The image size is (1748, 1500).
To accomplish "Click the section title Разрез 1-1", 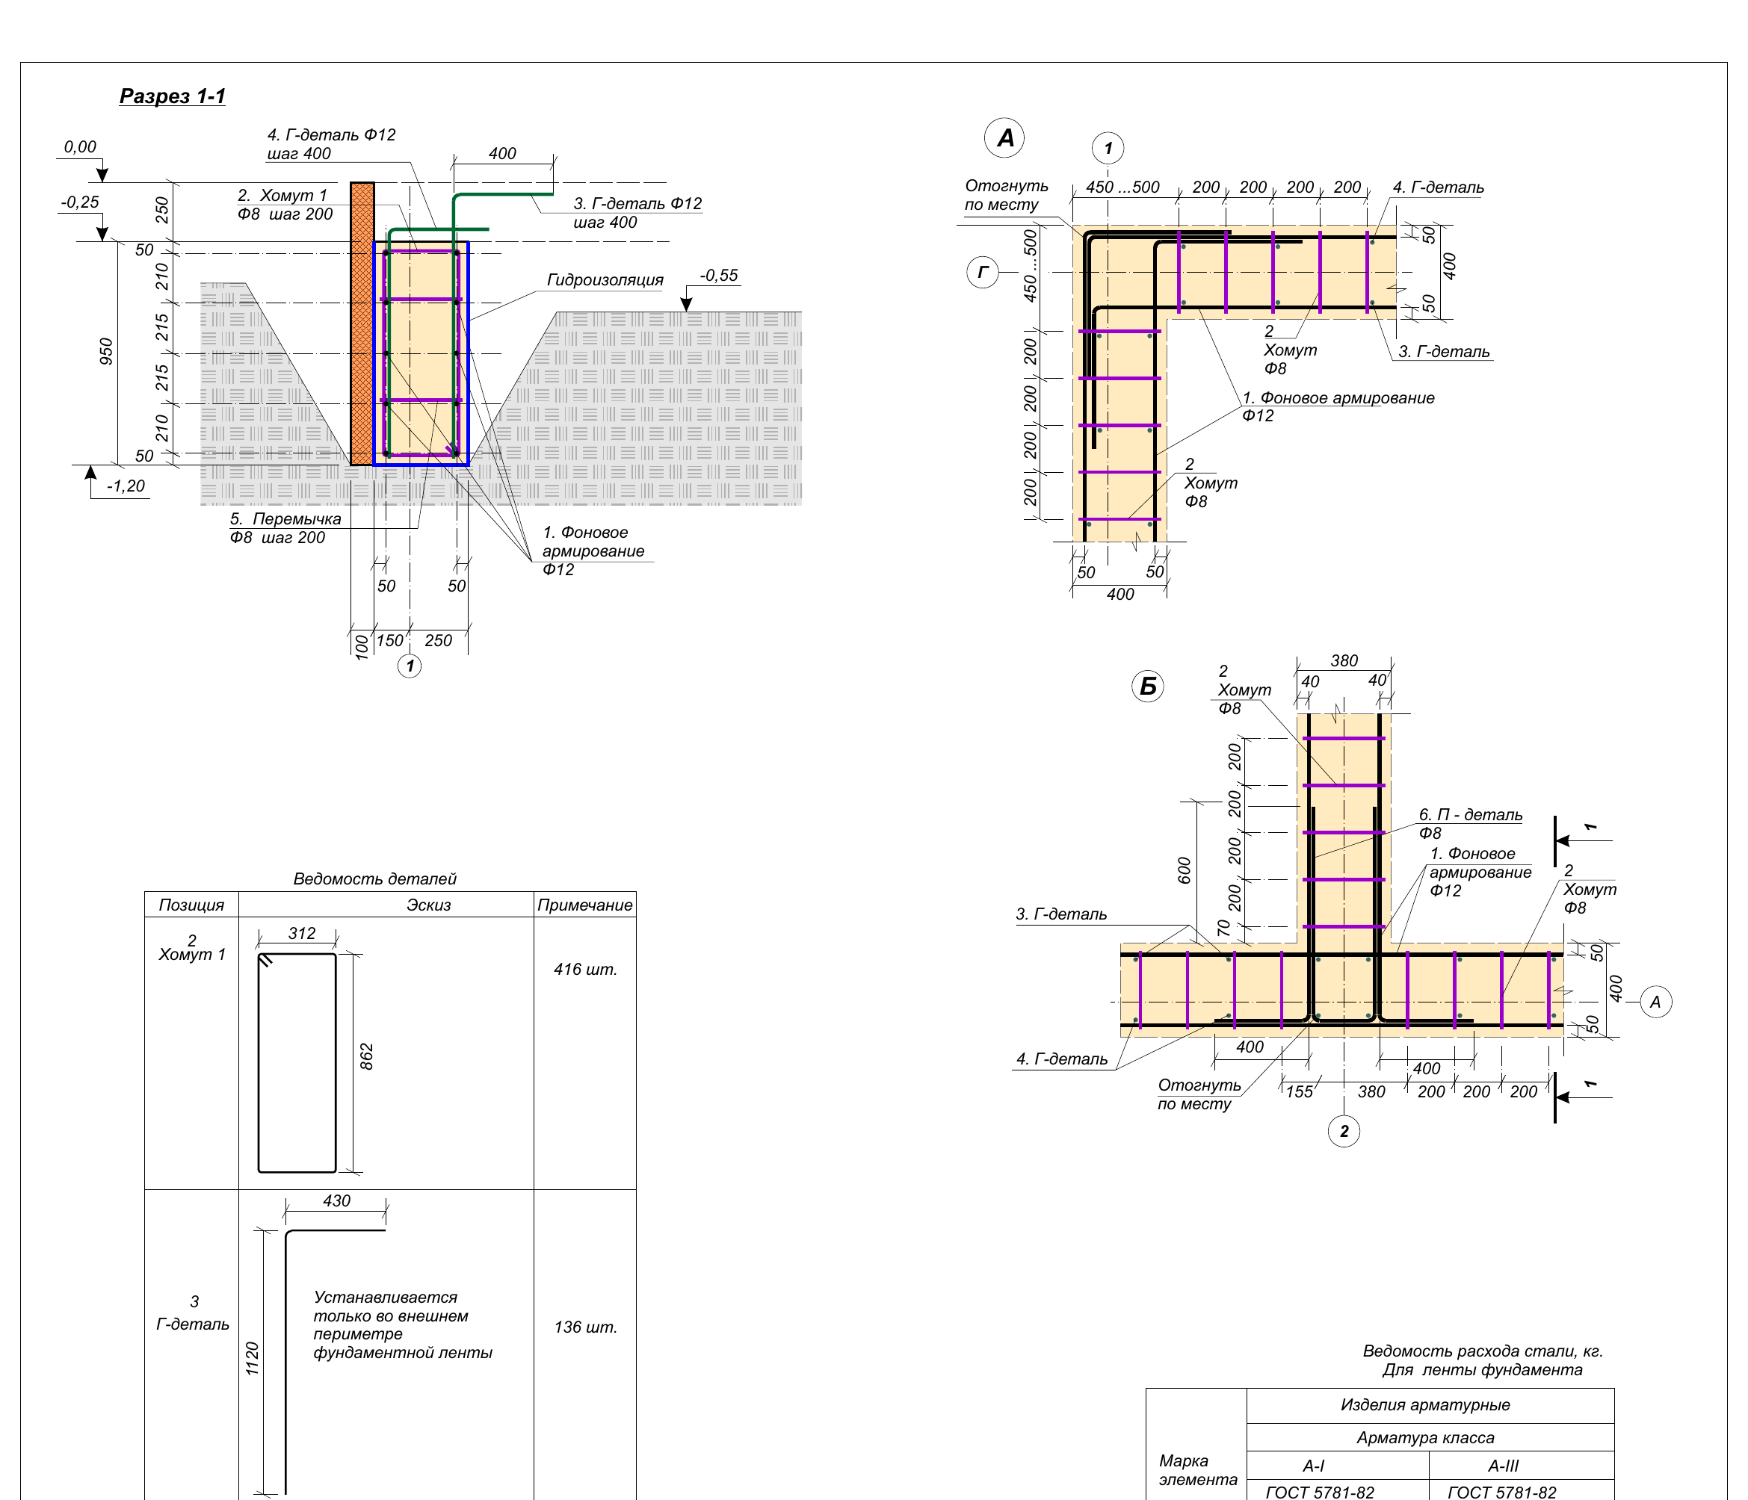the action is (x=172, y=96).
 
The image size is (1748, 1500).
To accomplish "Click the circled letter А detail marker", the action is (x=1004, y=138).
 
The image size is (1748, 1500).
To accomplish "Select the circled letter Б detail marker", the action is (x=1147, y=687).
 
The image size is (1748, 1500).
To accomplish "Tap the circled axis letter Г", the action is (x=983, y=273).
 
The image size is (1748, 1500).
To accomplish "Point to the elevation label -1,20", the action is (x=126, y=486).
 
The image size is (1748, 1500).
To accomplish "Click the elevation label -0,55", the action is (x=719, y=276).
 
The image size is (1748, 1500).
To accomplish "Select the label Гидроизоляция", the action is (x=605, y=280).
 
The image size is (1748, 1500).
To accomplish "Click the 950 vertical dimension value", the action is (x=106, y=352).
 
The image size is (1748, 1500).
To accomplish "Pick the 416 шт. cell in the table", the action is (x=585, y=970).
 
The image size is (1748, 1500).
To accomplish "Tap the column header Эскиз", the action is (x=428, y=905).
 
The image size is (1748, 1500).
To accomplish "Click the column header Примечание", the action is (x=584, y=905).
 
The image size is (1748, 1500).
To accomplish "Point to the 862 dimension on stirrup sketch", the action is (x=367, y=1056).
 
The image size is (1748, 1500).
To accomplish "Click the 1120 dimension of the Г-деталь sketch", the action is (x=253, y=1360).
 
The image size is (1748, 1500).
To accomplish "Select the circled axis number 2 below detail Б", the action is (x=1344, y=1131).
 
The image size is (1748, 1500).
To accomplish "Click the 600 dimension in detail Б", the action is (x=1185, y=871).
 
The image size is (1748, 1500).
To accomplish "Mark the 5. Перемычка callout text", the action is (x=286, y=519).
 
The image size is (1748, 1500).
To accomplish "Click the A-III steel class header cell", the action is (x=1504, y=1466).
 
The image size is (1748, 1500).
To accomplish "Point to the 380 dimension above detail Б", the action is (x=1344, y=661).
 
